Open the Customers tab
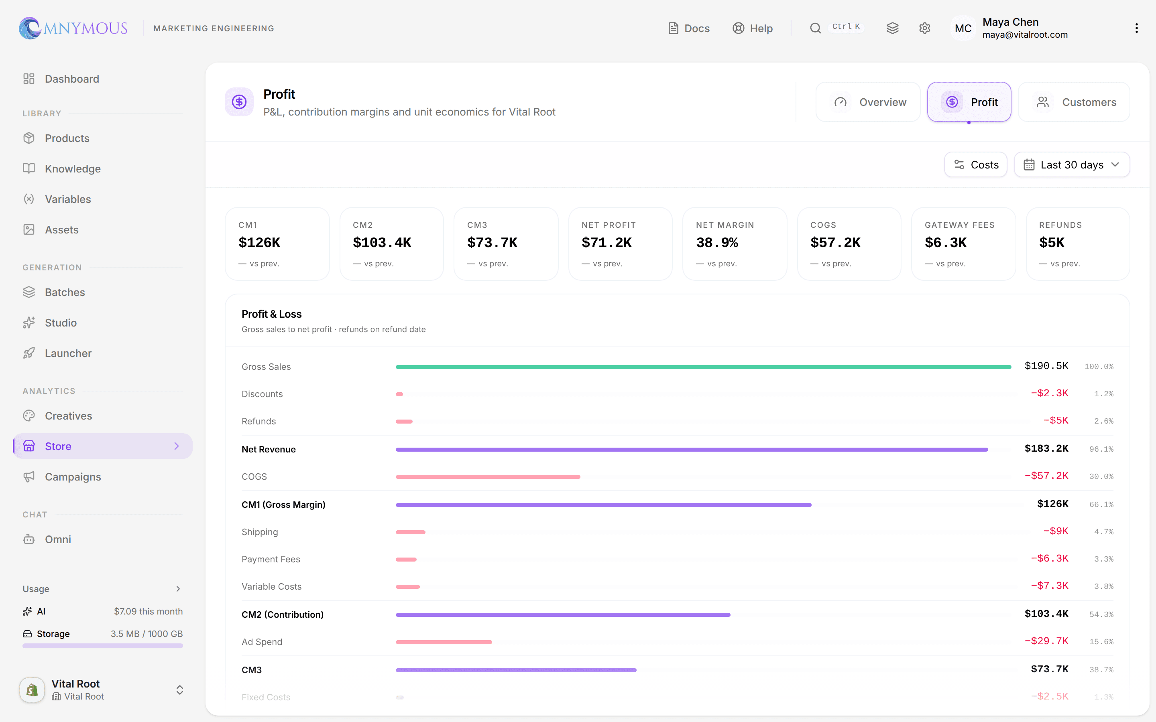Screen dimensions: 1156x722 1074,102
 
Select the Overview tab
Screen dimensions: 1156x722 868,102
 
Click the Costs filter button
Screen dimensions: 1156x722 975,165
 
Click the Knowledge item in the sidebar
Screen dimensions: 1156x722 73,168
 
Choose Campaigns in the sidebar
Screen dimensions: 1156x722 73,477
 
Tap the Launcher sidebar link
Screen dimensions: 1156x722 68,353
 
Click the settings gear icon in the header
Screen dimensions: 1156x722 924,28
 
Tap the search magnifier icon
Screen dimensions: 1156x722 815,28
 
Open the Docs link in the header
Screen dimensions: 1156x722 688,28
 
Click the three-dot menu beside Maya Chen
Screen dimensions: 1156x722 1136,28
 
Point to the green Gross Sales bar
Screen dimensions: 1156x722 703,367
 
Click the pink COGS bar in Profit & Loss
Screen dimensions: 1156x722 488,477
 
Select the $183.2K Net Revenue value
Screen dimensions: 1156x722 1046,449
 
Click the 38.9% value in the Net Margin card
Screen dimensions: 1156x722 716,243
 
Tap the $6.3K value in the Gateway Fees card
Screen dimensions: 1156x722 945,243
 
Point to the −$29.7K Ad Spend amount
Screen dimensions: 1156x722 1046,641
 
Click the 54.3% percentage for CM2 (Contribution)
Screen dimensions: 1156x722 1101,615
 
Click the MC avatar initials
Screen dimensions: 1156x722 963,28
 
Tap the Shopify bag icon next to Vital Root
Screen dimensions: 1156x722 32,690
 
